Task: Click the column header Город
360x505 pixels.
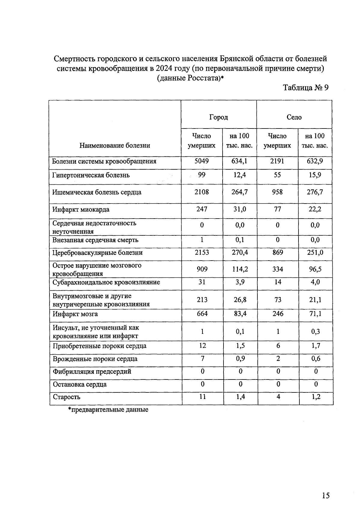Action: (x=218, y=117)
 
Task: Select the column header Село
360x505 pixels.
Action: (x=294, y=117)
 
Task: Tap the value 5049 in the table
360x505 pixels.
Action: (x=202, y=161)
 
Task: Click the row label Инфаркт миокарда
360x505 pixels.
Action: (x=81, y=210)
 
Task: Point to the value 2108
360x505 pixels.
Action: (x=202, y=192)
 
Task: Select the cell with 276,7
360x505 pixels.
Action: (x=315, y=192)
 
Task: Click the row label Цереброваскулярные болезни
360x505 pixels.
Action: (x=97, y=253)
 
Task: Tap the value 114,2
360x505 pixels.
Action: (x=240, y=269)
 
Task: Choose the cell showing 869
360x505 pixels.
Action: (x=278, y=252)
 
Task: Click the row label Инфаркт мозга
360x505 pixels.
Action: (x=75, y=314)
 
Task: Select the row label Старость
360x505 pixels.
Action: (x=67, y=397)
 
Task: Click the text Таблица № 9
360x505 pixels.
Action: (x=306, y=88)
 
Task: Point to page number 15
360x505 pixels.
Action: (x=325, y=479)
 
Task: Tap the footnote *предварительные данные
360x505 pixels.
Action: (x=108, y=410)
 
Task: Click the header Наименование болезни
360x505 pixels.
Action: (x=115, y=146)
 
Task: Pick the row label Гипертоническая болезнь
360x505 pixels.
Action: (x=91, y=175)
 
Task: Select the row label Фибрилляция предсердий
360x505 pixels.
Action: (x=92, y=372)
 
